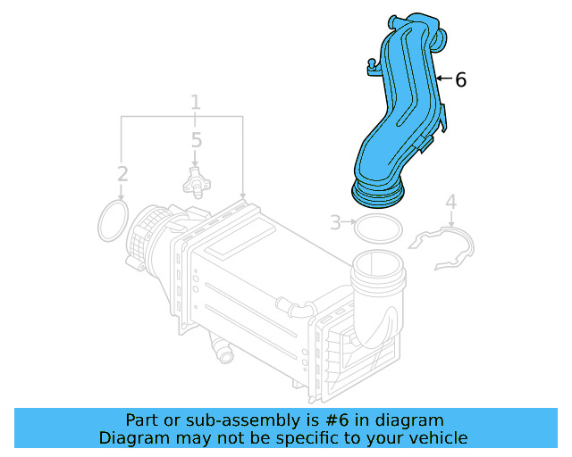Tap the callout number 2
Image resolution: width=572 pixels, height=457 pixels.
pyautogui.click(x=122, y=173)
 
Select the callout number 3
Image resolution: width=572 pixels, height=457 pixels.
pyautogui.click(x=335, y=222)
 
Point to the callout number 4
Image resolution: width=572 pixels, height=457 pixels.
pyautogui.click(x=451, y=203)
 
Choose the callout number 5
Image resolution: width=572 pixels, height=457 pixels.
pyautogui.click(x=196, y=140)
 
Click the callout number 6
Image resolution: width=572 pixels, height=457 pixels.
pyautogui.click(x=460, y=80)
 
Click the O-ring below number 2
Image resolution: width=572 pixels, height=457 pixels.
pyautogui.click(x=112, y=220)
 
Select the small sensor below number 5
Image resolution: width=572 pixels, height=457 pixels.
pyautogui.click(x=193, y=181)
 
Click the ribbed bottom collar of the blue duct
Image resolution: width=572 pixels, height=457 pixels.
pyautogui.click(x=379, y=190)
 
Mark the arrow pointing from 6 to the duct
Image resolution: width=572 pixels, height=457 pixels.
pyautogui.click(x=443, y=79)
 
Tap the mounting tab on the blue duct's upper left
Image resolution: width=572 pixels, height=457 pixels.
pyautogui.click(x=369, y=63)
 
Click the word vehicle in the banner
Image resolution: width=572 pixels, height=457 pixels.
pyautogui.click(x=437, y=438)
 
